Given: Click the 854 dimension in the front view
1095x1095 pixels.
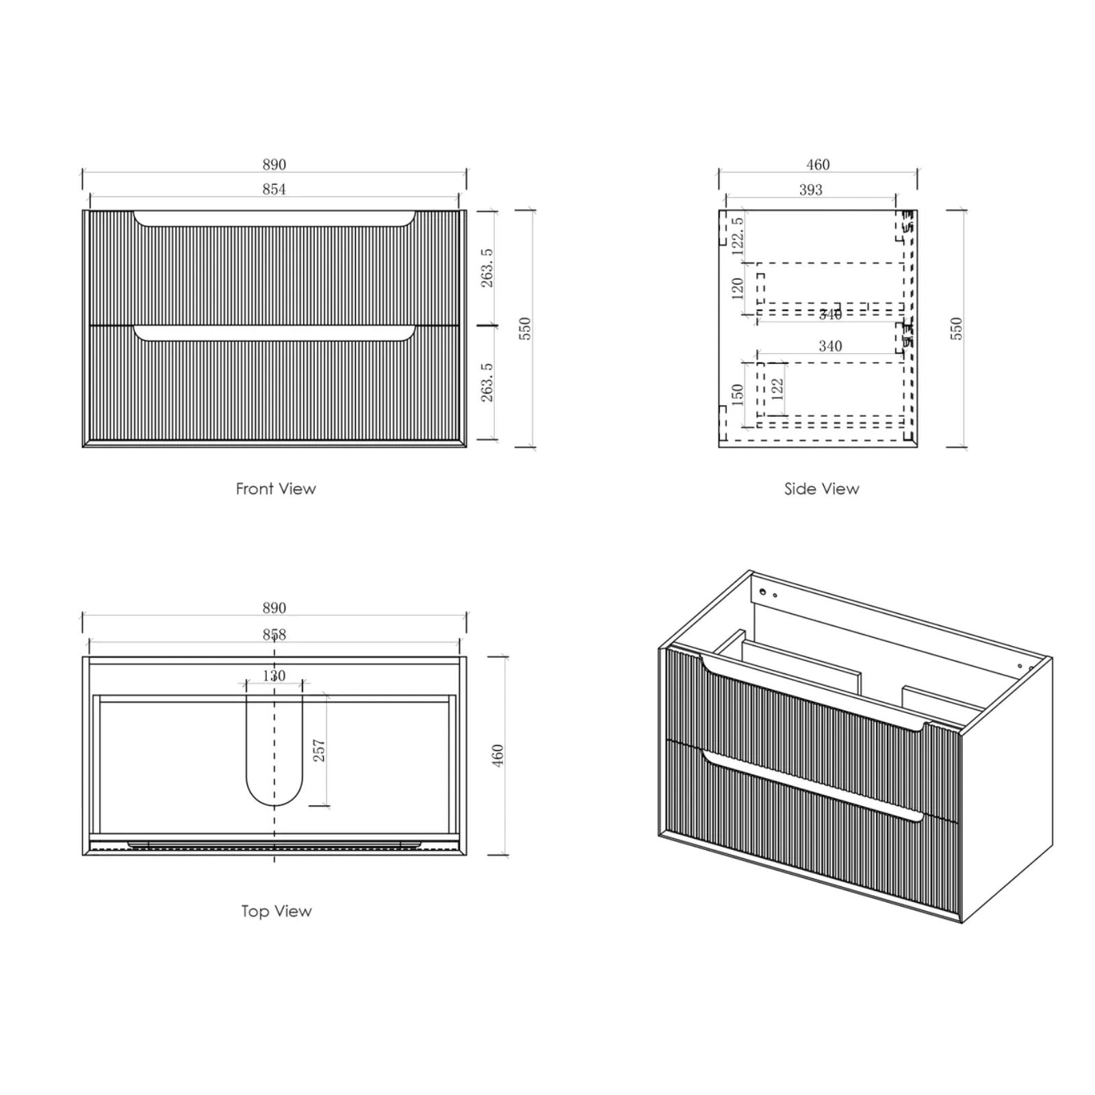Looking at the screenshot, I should point(274,189).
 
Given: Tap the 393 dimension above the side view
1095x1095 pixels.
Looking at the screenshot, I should point(810,190).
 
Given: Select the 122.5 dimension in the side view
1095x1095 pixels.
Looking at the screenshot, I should point(737,236).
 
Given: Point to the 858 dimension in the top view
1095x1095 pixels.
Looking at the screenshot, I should point(274,634).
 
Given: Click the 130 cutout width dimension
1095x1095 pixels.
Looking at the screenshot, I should point(274,675).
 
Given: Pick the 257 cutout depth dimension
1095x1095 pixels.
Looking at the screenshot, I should point(319,751).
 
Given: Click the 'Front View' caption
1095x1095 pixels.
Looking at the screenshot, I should point(276,489).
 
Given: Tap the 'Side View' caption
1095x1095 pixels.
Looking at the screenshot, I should point(821,489).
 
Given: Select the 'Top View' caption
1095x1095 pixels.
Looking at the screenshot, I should point(276,911).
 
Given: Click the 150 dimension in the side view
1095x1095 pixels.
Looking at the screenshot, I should point(737,395).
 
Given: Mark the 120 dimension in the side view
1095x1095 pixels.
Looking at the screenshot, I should point(737,287).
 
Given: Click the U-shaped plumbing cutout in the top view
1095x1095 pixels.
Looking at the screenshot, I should point(274,766).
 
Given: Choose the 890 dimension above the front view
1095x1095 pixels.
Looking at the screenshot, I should point(274,164).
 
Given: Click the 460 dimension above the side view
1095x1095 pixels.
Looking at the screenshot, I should point(818,164).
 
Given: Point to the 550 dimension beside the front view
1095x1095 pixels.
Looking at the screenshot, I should point(525,328).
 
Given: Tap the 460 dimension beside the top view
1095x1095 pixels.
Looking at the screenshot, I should point(498,755).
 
